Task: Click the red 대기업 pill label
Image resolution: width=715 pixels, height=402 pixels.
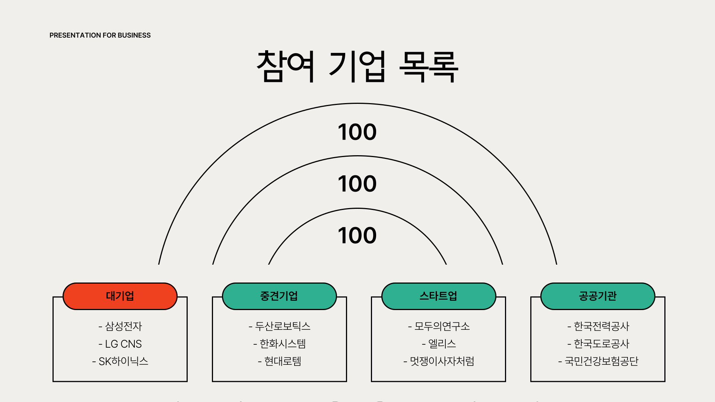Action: pyautogui.click(x=120, y=296)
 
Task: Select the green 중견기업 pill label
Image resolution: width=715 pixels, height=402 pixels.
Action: pyautogui.click(x=279, y=296)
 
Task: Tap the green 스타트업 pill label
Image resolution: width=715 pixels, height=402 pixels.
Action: pyautogui.click(x=439, y=296)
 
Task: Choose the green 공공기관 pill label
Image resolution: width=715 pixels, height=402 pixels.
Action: pyautogui.click(x=598, y=296)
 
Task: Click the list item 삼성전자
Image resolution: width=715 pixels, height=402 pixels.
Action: pyautogui.click(x=120, y=326)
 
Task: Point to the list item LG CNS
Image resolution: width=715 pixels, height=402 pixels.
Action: pyautogui.click(x=120, y=344)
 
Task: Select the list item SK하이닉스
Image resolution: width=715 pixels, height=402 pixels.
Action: pyautogui.click(x=120, y=361)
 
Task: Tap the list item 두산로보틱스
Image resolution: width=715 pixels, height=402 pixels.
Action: pyautogui.click(x=280, y=326)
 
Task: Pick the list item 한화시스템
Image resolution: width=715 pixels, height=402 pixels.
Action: pyautogui.click(x=280, y=344)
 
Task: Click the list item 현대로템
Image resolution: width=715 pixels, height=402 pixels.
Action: pyautogui.click(x=280, y=361)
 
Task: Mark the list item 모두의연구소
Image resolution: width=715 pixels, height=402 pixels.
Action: pyautogui.click(x=439, y=326)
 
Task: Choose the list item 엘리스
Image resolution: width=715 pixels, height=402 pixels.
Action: pyautogui.click(x=439, y=344)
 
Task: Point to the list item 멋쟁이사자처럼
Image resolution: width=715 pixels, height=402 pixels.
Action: pyautogui.click(x=439, y=361)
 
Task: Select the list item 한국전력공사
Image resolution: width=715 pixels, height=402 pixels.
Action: pyautogui.click(x=598, y=326)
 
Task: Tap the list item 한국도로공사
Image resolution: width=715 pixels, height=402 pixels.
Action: pyautogui.click(x=598, y=344)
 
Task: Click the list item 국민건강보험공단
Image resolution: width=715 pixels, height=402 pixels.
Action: pyautogui.click(x=598, y=361)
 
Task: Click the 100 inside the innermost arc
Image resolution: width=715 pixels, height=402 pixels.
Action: pyautogui.click(x=357, y=236)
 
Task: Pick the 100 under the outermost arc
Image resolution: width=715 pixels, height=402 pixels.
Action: pyautogui.click(x=357, y=132)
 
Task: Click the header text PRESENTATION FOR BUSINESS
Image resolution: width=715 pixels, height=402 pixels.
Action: pyautogui.click(x=100, y=35)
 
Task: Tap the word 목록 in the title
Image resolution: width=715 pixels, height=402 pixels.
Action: pyautogui.click(x=429, y=67)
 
